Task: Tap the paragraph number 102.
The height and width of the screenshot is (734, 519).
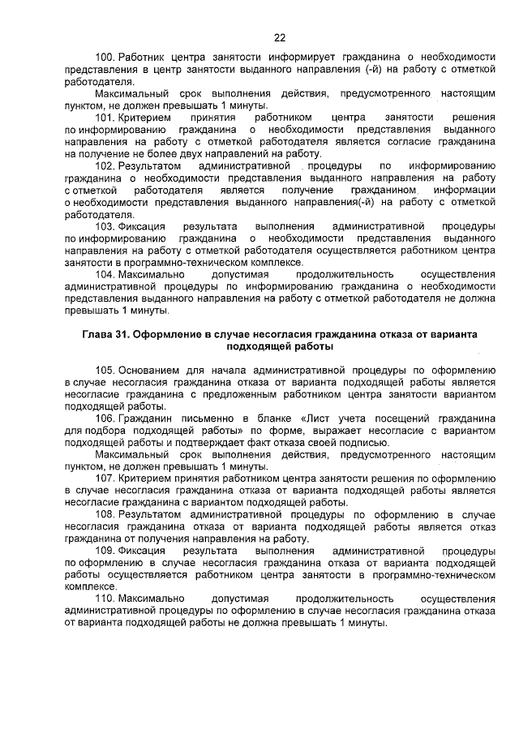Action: [x=105, y=166]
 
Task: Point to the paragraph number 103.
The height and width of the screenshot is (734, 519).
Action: [x=105, y=226]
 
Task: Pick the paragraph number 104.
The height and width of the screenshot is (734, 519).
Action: [x=105, y=275]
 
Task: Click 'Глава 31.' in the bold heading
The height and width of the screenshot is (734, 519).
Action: [x=106, y=335]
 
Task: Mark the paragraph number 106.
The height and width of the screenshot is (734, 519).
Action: [x=105, y=419]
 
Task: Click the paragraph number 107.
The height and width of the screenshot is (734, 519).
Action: [x=105, y=479]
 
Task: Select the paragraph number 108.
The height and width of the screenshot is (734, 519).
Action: [x=105, y=514]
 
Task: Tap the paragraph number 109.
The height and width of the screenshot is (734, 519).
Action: [x=105, y=551]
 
